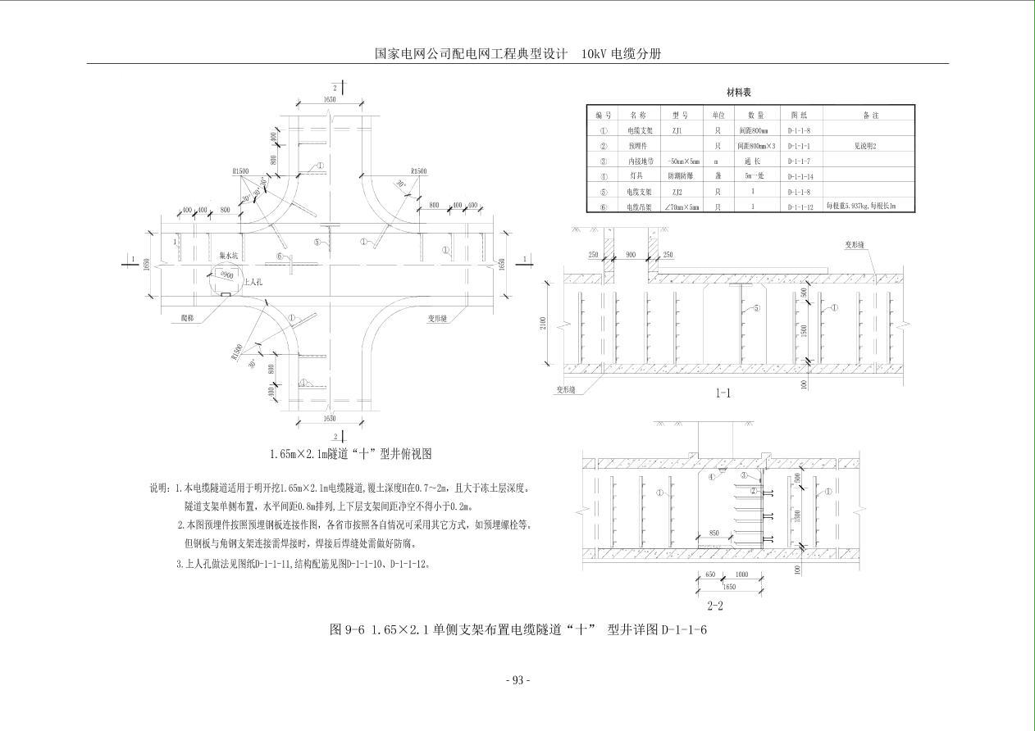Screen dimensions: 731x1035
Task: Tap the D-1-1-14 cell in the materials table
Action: pos(800,176)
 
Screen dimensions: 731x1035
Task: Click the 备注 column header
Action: pos(869,116)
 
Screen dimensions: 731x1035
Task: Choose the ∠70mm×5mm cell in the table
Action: pos(684,207)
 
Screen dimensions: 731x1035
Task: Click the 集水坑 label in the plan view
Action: pos(228,255)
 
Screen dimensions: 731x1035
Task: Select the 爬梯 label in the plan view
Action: pos(190,315)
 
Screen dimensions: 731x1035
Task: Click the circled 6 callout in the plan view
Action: pos(280,256)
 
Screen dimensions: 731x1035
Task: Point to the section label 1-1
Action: pos(723,393)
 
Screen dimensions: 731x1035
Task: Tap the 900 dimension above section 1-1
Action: pos(630,255)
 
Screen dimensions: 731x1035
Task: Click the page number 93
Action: pos(517,679)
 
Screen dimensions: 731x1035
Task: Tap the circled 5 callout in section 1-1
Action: pos(756,309)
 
